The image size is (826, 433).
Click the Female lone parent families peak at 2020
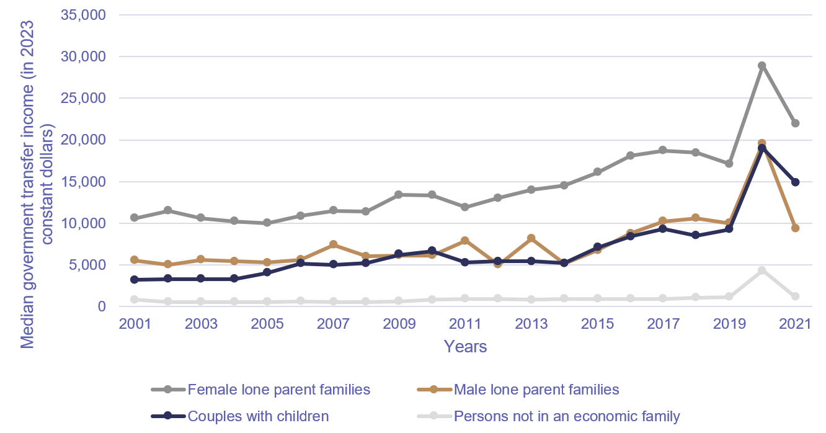(x=762, y=65)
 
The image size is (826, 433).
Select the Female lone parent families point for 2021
(x=795, y=123)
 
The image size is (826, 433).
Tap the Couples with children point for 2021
(x=795, y=182)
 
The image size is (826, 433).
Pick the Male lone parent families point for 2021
(x=795, y=228)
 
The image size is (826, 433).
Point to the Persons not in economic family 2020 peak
(x=762, y=270)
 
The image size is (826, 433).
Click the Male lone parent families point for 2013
(x=531, y=238)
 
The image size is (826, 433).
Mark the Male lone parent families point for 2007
(x=333, y=244)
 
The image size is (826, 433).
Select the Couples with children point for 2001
(x=135, y=279)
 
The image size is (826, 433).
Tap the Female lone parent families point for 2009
(x=399, y=195)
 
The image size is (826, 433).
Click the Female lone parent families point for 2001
(x=135, y=218)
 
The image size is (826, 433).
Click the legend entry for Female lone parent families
(x=278, y=390)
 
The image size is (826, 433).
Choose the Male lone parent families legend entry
(x=536, y=390)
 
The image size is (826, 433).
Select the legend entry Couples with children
(x=258, y=416)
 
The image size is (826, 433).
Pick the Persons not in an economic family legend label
(x=567, y=416)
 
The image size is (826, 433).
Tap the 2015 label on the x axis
(x=597, y=324)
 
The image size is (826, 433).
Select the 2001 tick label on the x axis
(x=135, y=324)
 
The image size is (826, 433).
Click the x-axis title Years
(x=465, y=346)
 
